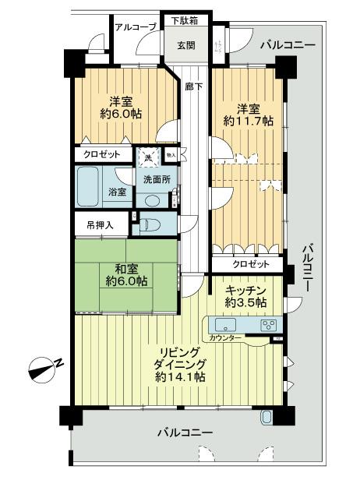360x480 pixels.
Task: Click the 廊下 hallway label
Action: coord(192,88)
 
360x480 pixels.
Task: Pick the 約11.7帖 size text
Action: coord(246,122)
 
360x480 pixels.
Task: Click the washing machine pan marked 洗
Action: coord(148,157)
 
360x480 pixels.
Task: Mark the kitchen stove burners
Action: coord(267,325)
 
